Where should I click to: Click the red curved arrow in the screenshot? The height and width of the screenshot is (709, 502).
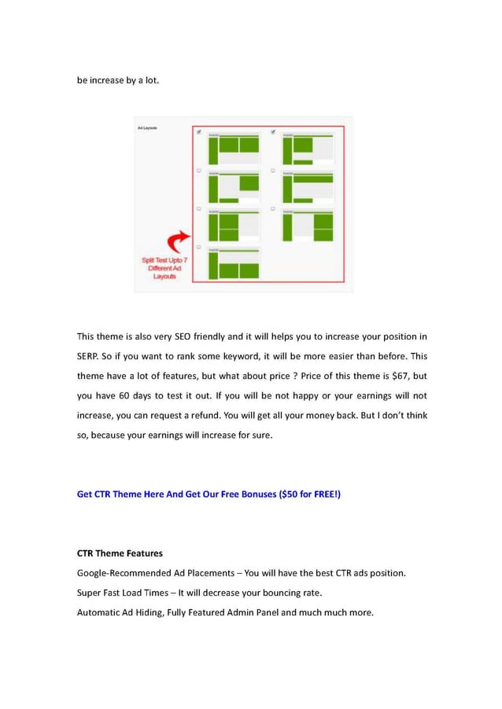coord(180,241)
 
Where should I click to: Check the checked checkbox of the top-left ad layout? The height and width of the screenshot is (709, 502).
coord(199,132)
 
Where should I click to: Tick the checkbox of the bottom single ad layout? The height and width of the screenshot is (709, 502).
coord(198,247)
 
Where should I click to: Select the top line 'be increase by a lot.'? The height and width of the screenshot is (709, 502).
coord(117,80)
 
